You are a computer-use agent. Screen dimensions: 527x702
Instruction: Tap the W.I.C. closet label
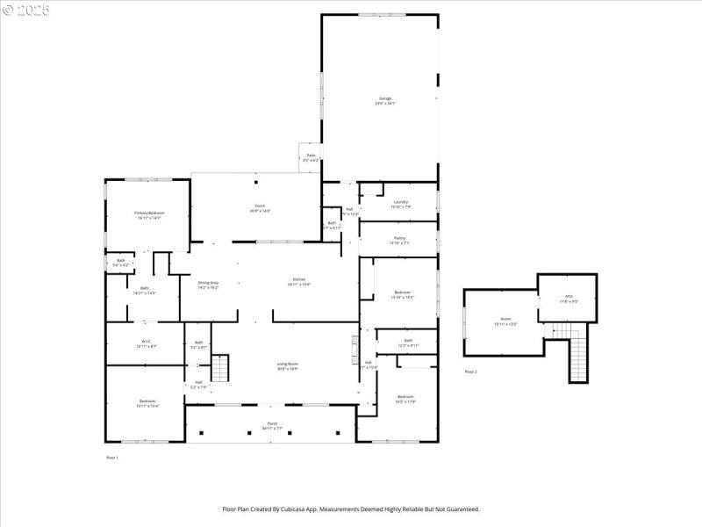click(x=147, y=343)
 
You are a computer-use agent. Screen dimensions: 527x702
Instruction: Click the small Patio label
click(x=311, y=157)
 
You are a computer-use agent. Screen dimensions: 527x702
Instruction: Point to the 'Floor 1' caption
click(x=111, y=458)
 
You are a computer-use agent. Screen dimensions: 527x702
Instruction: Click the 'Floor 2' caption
click(x=471, y=372)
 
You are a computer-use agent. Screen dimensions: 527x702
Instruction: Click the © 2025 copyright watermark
click(x=26, y=10)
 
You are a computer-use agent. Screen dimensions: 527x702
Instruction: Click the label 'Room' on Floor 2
click(x=505, y=321)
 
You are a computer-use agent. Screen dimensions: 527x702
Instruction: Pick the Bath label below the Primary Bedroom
click(x=144, y=290)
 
